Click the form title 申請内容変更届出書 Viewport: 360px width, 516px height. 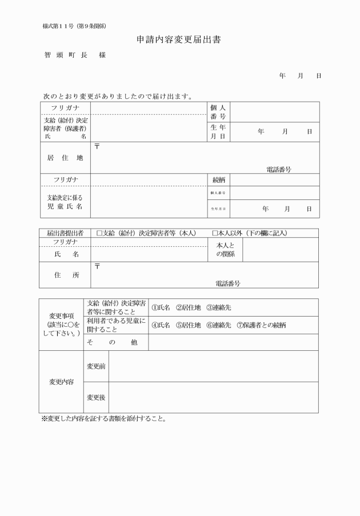[179, 41]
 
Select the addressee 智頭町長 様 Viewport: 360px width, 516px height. [74, 55]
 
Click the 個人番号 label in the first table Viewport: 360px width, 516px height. [218, 112]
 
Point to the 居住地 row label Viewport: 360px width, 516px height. [65, 158]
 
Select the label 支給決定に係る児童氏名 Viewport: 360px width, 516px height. [65, 202]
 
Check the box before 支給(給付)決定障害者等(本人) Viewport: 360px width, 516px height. [99, 233]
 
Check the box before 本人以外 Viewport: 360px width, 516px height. [215, 233]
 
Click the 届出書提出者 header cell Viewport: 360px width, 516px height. [65, 233]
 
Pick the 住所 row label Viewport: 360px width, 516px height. [65, 275]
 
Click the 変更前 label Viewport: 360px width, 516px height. [95, 366]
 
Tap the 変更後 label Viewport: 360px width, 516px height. [95, 397]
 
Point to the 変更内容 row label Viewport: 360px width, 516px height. [61, 382]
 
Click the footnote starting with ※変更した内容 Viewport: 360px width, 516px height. [104, 418]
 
